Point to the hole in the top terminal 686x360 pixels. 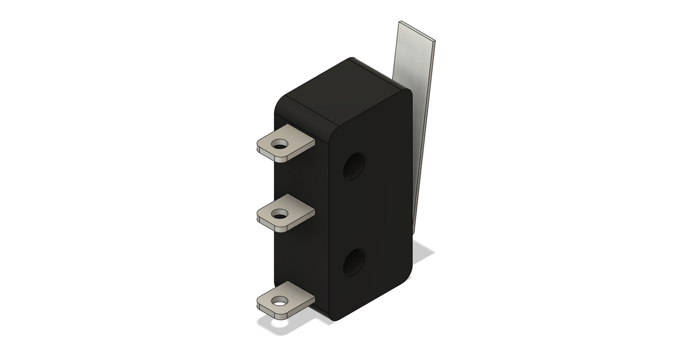(x=280, y=145)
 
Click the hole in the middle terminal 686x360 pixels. (x=280, y=214)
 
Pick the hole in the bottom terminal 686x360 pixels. (x=280, y=301)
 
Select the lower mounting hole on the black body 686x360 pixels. (x=355, y=262)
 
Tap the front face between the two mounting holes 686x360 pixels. (x=372, y=214)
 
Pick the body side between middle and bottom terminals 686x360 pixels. (x=303, y=254)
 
